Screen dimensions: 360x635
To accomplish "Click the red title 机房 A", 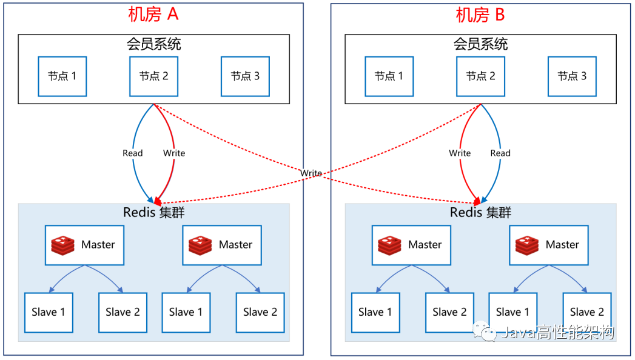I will [x=153, y=15].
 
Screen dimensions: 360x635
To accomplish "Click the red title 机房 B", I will [x=480, y=15].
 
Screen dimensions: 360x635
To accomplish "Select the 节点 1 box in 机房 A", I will [x=62, y=76].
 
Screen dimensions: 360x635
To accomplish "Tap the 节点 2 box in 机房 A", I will [x=154, y=76].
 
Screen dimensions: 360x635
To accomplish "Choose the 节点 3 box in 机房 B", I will [x=572, y=76].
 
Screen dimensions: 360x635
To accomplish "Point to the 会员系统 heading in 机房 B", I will [x=480, y=44].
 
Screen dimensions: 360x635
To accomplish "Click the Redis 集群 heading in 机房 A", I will [x=154, y=212].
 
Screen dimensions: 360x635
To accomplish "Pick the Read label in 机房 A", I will [x=132, y=153].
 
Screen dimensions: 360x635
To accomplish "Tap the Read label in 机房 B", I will [x=500, y=153].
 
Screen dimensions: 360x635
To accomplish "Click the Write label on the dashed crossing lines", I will [x=311, y=173].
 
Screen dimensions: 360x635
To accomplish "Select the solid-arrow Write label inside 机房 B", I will [x=460, y=153].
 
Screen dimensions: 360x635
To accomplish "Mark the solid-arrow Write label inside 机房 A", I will [x=174, y=153].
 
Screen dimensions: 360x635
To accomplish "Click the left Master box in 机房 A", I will [x=85, y=245].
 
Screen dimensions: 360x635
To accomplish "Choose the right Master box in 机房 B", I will [x=549, y=245].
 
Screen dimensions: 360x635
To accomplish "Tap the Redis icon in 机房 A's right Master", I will [x=200, y=245].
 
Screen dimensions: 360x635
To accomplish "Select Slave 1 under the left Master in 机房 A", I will [x=49, y=312].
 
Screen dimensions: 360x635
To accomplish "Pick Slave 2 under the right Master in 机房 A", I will [x=260, y=312].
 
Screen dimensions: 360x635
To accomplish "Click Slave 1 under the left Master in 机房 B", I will [x=375, y=312].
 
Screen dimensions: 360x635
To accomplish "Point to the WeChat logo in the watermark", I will [x=488, y=332].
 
